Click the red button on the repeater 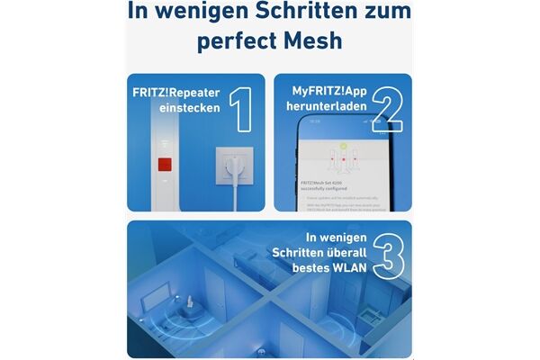164,166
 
